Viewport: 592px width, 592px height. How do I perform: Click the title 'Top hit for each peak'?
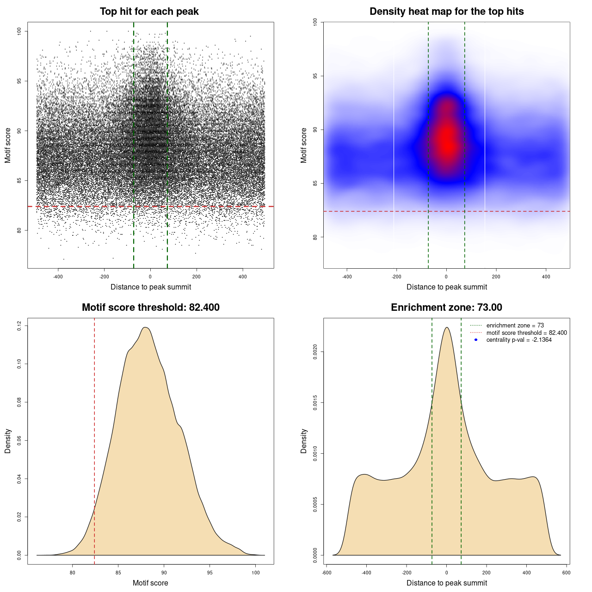point(149,12)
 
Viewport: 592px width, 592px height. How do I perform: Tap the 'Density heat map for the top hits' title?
point(446,12)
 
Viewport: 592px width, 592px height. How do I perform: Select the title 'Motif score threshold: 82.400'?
point(150,308)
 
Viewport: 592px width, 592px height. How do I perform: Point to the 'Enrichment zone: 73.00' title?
point(446,308)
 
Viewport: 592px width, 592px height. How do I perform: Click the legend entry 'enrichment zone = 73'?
point(515,326)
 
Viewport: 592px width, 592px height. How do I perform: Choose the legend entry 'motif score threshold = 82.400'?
point(526,333)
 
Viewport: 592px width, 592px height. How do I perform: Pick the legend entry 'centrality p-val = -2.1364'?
point(519,340)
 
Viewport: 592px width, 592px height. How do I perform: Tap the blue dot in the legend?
point(476,340)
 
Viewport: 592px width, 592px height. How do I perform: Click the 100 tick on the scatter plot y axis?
point(19,31)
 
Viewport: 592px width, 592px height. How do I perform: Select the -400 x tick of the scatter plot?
point(58,277)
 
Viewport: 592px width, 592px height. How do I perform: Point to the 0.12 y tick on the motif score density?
point(19,326)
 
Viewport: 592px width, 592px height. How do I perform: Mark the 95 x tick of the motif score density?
point(210,573)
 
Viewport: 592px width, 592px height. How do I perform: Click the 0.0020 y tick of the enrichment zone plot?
point(315,352)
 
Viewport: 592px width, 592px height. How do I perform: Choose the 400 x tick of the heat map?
point(546,277)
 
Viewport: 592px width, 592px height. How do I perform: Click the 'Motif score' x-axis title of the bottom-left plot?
point(150,583)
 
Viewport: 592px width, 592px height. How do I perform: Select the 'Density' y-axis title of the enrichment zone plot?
point(304,441)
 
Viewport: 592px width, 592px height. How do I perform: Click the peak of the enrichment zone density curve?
point(446,327)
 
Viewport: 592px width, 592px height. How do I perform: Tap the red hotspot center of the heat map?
point(446,141)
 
